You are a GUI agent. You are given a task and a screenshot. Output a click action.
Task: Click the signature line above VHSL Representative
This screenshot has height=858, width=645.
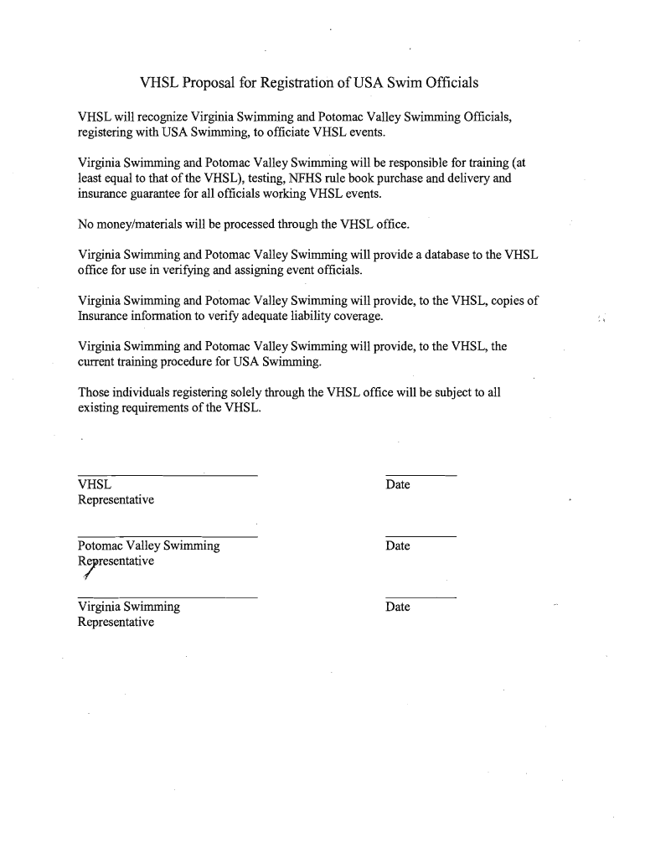(167, 476)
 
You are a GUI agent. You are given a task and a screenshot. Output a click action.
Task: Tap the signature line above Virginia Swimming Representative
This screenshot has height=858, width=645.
(167, 597)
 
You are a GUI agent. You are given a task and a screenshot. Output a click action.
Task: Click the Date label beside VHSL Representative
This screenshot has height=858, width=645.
(398, 485)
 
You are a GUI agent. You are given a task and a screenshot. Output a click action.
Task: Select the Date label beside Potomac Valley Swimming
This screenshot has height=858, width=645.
(398, 546)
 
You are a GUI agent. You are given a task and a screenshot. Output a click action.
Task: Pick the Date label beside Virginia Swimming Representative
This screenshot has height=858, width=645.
(398, 607)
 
